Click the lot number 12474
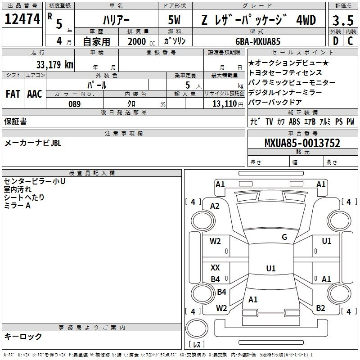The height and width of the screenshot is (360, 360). pos(22,19)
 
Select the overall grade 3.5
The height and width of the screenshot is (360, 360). pos(343,20)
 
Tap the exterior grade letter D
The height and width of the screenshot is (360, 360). pos(336,41)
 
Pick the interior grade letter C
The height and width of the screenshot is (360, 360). pos(350,41)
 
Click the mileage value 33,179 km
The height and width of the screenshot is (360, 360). pos(54,64)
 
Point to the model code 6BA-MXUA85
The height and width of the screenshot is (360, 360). pos(258,41)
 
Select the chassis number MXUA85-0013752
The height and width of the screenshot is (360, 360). pos(302,143)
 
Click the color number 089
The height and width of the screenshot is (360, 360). pos(74,104)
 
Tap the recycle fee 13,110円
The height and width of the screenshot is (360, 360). pos(228,104)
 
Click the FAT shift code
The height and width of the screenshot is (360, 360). pos(13,94)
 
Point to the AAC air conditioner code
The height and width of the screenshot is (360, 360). pos(35,94)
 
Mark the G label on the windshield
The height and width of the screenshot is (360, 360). pos(284,237)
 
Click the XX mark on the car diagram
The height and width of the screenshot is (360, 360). pos(215,267)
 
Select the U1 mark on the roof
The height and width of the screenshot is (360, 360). pos(271,268)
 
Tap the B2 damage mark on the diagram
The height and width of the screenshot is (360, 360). pos(320,308)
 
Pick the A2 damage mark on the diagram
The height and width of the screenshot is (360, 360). pos(215,206)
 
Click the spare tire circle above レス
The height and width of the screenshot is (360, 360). pos(197,328)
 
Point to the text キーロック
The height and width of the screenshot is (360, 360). pos(23,336)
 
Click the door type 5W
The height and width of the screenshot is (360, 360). pos(174,20)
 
